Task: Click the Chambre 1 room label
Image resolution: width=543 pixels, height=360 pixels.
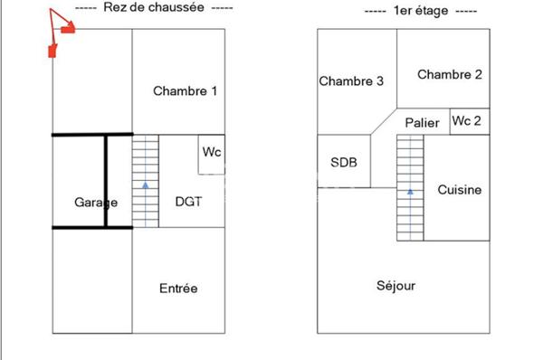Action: (x=185, y=90)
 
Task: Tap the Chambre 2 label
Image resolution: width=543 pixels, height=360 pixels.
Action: (x=449, y=75)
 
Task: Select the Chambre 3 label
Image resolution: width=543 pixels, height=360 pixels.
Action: (x=351, y=81)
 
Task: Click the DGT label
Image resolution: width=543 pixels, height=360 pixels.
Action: (x=188, y=202)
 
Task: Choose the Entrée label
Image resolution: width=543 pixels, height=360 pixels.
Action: (x=178, y=289)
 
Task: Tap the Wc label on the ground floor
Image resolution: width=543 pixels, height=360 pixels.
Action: (x=211, y=151)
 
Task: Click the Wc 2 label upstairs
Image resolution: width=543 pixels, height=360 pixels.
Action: (x=466, y=120)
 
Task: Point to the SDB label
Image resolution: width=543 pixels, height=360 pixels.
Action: (x=344, y=163)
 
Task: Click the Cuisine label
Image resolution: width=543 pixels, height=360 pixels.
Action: (x=459, y=190)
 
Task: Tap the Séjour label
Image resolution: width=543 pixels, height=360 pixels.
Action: (x=395, y=286)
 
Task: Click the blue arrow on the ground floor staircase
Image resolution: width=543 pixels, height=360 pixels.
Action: (x=145, y=185)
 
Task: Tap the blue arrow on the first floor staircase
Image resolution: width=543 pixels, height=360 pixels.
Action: (x=410, y=191)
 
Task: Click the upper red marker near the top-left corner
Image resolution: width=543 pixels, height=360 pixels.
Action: (x=67, y=29)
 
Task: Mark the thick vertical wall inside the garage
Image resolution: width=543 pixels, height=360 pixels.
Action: (x=106, y=181)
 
